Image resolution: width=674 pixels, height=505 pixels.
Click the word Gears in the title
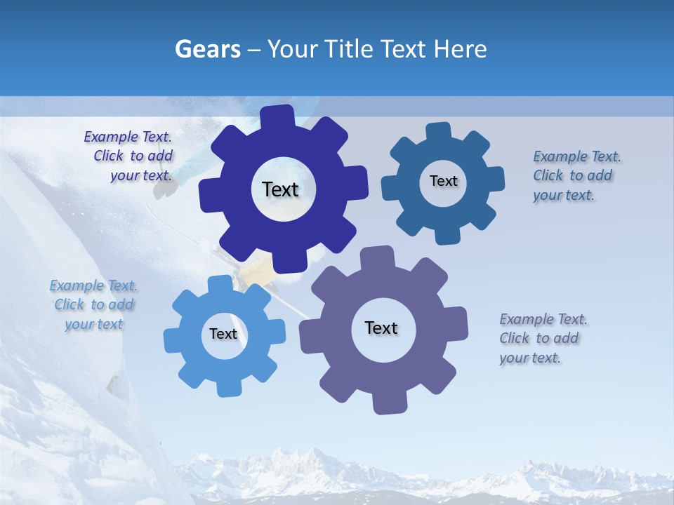[x=207, y=49]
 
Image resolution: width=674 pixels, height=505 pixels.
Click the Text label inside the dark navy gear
[x=280, y=189]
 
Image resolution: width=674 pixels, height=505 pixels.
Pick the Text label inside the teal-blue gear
[x=443, y=181]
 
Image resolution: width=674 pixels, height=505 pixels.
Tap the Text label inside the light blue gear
[x=223, y=334]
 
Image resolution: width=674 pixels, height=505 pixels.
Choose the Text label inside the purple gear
[x=381, y=328]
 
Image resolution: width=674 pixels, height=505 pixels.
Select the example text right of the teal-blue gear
[x=575, y=175]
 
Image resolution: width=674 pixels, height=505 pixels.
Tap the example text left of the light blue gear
[x=93, y=304]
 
